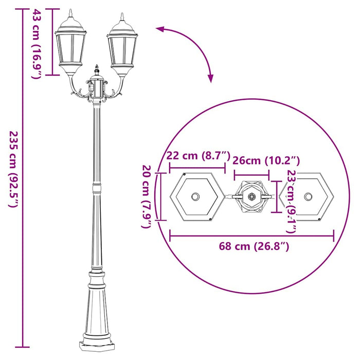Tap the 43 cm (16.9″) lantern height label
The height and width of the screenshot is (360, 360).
tap(36, 43)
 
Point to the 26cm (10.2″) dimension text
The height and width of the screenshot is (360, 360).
tap(266, 160)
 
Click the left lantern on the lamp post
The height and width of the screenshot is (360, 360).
tap(70, 46)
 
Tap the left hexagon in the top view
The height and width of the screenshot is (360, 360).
tap(196, 196)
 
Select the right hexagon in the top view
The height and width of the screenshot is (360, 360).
tap(308, 196)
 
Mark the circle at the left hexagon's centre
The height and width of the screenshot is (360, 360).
tap(196, 196)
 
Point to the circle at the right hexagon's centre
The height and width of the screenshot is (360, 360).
tap(308, 196)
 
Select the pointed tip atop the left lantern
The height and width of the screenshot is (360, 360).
tap(70, 11)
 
